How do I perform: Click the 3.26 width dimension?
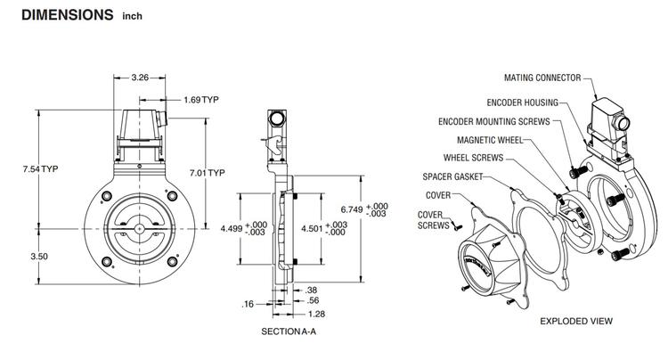(140, 78)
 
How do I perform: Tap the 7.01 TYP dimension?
(210, 172)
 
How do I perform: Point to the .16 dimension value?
(248, 305)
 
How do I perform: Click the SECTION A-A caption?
(289, 331)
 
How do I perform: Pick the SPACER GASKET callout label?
(454, 177)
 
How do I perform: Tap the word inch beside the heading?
(132, 17)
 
